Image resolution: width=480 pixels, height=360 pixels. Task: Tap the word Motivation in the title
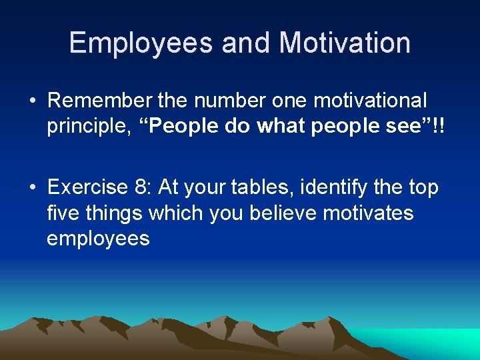pyautogui.click(x=345, y=43)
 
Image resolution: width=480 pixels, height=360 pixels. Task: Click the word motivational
pyautogui.click(x=370, y=100)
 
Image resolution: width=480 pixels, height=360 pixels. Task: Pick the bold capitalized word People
pyautogui.click(x=185, y=126)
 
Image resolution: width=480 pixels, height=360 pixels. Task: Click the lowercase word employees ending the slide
pyautogui.click(x=98, y=239)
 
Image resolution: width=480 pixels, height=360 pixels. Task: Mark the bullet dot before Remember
pyautogui.click(x=32, y=101)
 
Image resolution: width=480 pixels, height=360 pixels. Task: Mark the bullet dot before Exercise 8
pyautogui.click(x=32, y=188)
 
